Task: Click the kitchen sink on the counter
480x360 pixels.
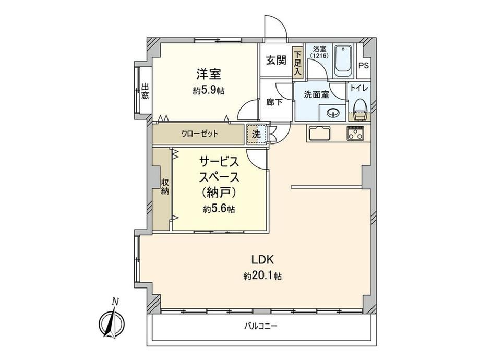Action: tap(320, 133)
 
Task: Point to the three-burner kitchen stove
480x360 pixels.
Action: tap(355, 133)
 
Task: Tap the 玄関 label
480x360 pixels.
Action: tap(276, 61)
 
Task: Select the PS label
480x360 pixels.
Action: tap(364, 66)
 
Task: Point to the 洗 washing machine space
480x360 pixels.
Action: tap(257, 134)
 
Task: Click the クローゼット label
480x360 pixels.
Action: tap(200, 134)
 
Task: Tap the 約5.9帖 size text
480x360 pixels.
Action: tap(209, 90)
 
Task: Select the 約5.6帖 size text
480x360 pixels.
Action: tap(219, 209)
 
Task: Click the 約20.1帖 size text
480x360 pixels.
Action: tap(262, 276)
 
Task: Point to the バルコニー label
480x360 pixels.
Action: tap(260, 326)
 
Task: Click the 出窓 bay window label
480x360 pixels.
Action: tap(145, 91)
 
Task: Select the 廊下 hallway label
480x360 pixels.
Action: tap(274, 102)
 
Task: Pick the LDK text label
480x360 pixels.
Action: tap(262, 260)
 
